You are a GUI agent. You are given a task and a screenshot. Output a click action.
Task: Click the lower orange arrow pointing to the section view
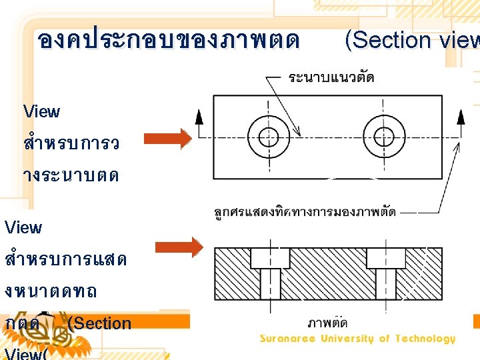[179, 247]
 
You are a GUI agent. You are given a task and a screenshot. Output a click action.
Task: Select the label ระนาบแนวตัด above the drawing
[331, 77]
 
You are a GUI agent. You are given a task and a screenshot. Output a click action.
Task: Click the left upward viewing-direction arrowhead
[199, 117]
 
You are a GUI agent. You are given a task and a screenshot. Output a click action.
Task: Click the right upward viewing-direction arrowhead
[459, 117]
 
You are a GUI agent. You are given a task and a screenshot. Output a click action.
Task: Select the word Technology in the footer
[423, 339]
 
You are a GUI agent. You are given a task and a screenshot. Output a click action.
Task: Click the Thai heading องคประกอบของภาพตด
[169, 40]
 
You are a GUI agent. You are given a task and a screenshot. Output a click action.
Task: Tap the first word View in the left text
[41, 111]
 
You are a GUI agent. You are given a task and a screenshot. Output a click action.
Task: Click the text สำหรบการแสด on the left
[65, 259]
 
